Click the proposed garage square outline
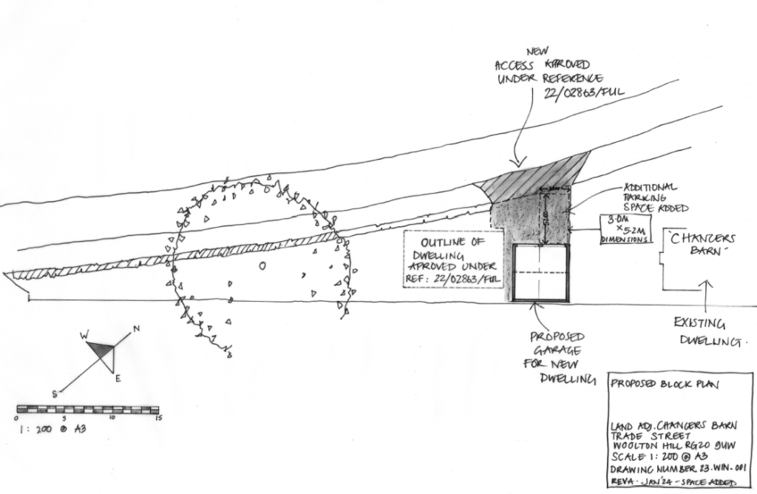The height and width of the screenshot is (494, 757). coord(542,272)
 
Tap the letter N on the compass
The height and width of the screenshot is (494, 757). coord(136,329)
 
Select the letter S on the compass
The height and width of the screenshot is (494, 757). coord(55,393)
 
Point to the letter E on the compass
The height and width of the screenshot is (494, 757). coord(118,379)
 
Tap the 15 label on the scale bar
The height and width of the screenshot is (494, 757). coord(157,418)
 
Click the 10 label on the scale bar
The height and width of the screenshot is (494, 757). coord(112,418)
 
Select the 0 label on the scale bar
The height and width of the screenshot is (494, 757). coord(17,419)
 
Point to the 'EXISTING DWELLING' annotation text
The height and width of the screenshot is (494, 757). coord(707,333)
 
